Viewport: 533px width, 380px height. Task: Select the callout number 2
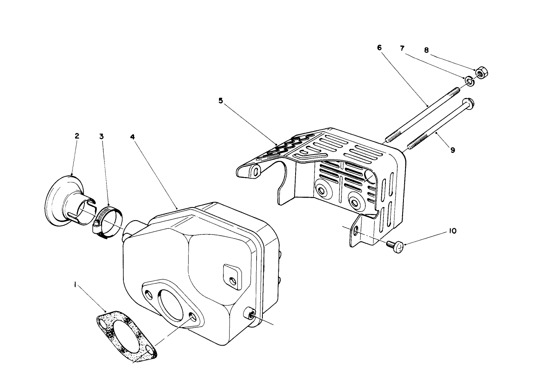(x=77, y=136)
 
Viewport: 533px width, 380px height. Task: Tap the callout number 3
(x=101, y=136)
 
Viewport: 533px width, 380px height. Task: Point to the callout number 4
(x=132, y=136)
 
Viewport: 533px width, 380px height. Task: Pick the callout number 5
(x=221, y=101)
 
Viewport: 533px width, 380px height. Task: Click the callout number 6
(x=379, y=48)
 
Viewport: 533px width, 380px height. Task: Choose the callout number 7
(x=403, y=48)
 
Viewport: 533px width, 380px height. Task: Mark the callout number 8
(x=426, y=50)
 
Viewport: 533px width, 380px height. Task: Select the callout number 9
(x=453, y=150)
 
